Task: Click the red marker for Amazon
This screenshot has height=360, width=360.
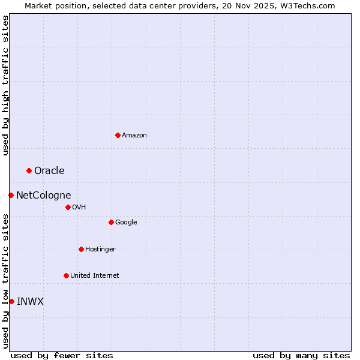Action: [118, 135]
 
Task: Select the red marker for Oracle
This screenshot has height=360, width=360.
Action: [29, 171]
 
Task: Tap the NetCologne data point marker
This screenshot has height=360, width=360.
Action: [11, 195]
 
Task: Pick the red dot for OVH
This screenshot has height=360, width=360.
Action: [68, 207]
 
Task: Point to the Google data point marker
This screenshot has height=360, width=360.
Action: [111, 222]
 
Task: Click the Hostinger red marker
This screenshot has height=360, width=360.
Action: [81, 249]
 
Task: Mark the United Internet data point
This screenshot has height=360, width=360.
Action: [66, 275]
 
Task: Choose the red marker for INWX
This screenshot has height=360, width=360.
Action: [11, 301]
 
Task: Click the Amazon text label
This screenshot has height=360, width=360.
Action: [134, 135]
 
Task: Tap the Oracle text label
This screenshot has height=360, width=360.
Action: [49, 171]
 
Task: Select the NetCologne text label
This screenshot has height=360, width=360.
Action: [44, 195]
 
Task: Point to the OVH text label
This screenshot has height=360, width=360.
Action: [79, 207]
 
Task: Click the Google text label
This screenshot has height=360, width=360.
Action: [126, 222]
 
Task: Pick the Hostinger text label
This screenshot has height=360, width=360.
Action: [100, 249]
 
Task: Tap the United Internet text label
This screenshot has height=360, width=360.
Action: [95, 275]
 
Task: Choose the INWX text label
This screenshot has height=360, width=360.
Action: [30, 301]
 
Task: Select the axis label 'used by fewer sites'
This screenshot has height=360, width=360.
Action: [62, 355]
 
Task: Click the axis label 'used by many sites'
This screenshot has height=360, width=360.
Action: [301, 355]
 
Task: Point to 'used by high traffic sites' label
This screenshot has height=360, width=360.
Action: [6, 86]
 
